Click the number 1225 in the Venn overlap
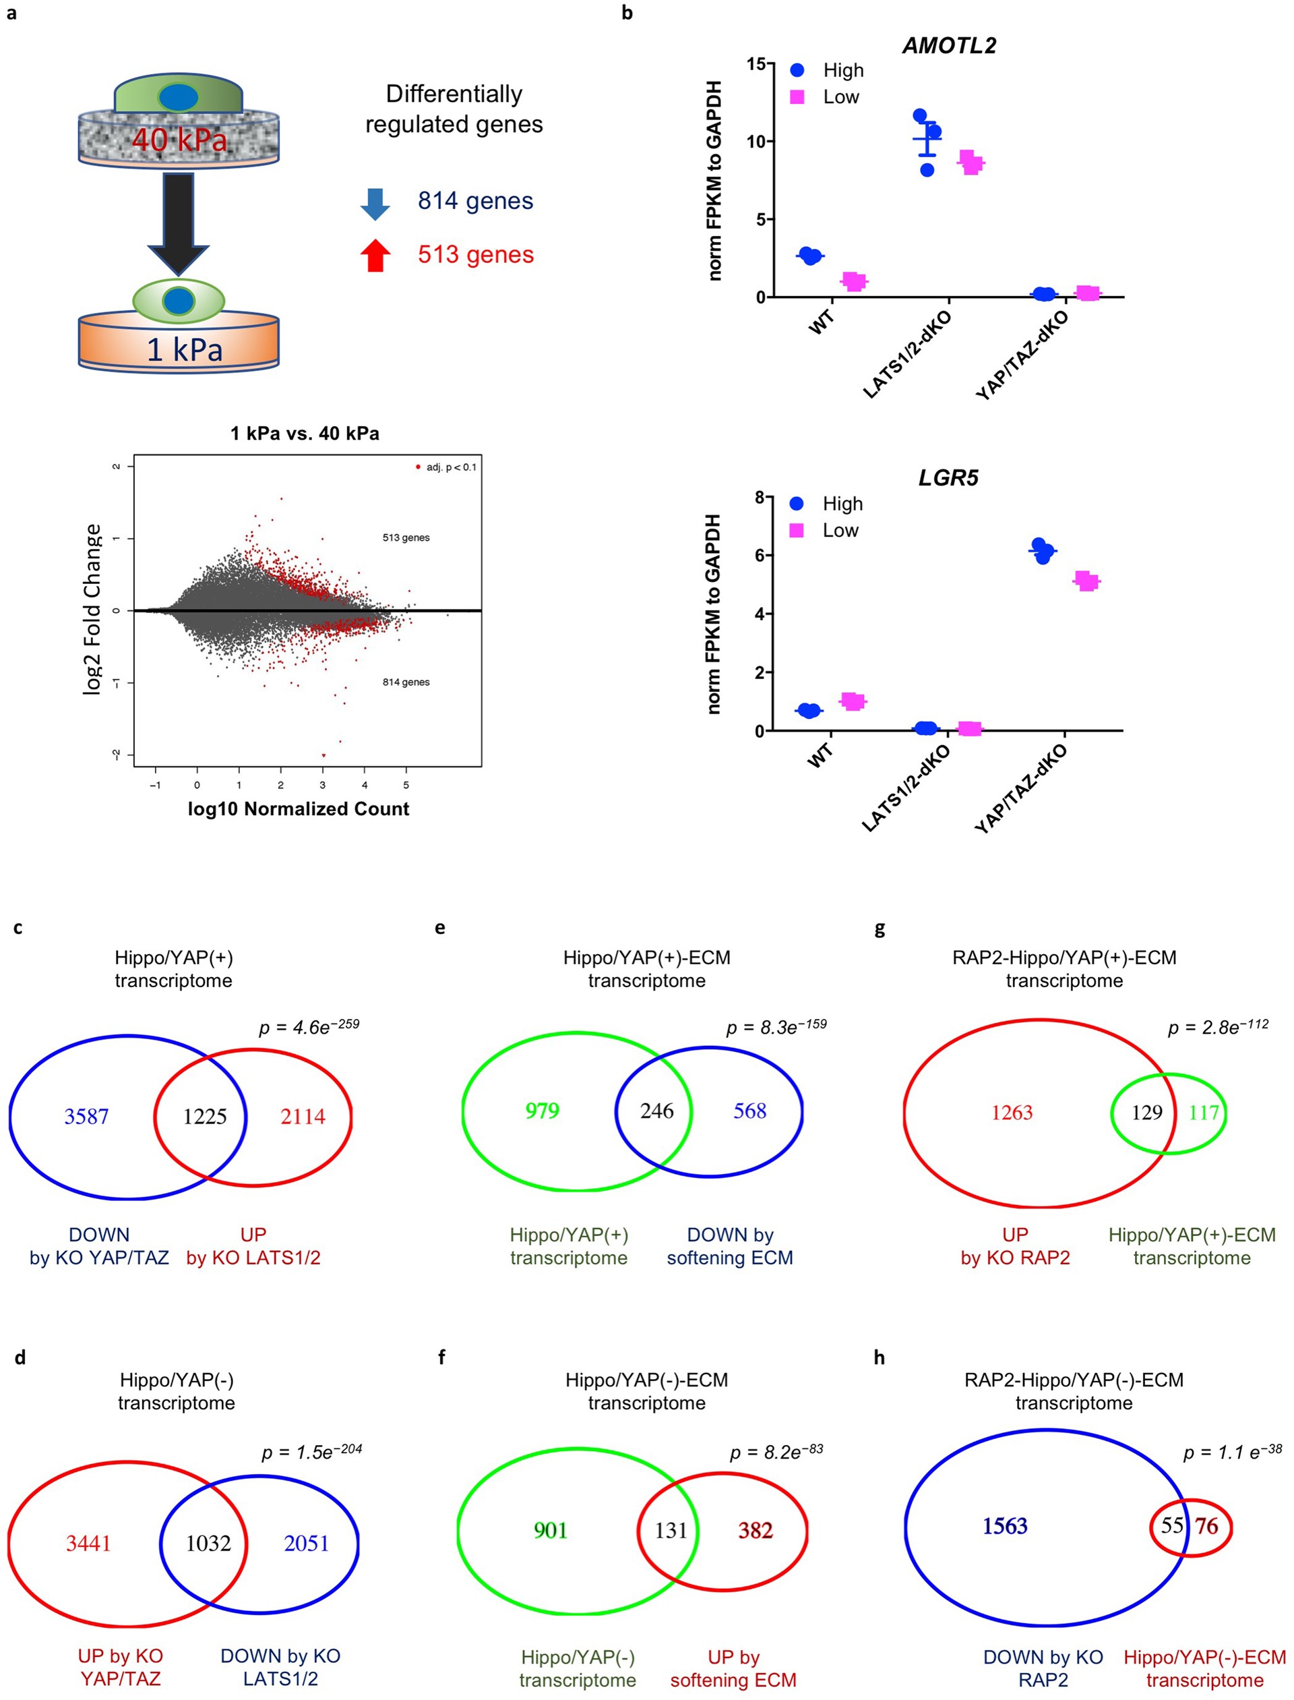205,1117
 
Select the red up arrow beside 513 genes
375,256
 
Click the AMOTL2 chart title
949,45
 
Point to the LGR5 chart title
948,478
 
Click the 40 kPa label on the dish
179,140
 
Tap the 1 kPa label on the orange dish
185,350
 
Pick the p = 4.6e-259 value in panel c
309,1026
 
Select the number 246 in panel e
656,1111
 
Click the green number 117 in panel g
1204,1113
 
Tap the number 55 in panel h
1171,1525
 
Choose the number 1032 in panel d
208,1543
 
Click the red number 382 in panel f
755,1529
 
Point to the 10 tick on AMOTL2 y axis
755,142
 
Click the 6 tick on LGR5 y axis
759,556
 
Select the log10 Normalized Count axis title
298,809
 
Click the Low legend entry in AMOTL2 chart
840,97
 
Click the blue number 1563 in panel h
1004,1526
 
